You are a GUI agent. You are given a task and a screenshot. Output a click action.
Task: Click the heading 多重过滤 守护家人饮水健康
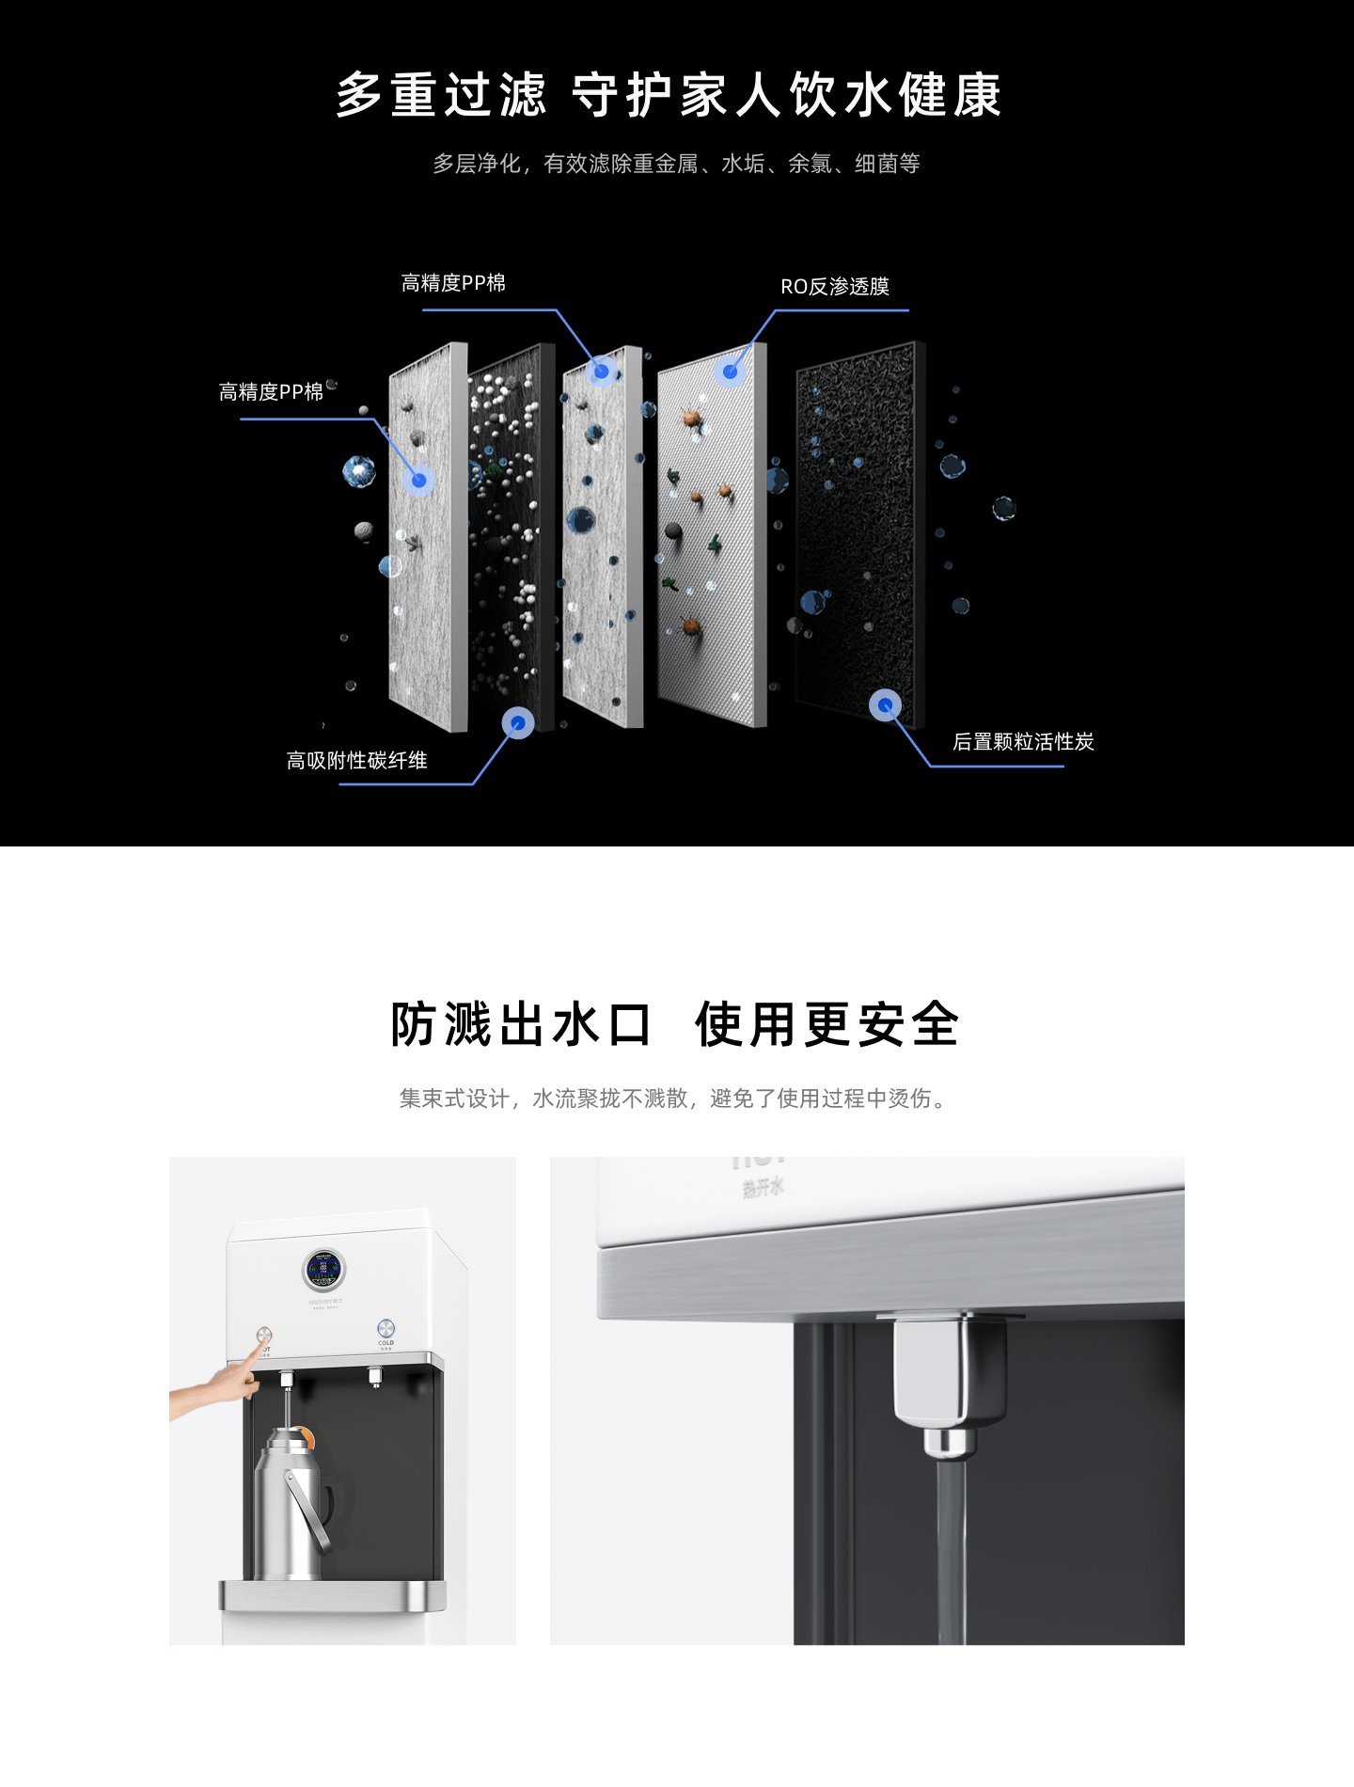tap(669, 95)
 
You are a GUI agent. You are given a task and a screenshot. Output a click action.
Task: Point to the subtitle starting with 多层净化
tap(676, 164)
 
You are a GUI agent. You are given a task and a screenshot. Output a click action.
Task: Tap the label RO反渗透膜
tap(834, 287)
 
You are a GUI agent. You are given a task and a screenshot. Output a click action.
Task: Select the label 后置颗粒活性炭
tap(1023, 742)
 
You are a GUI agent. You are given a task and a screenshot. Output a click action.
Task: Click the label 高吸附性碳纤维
tap(357, 761)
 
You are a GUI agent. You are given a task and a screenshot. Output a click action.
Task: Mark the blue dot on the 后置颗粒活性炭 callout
tap(885, 704)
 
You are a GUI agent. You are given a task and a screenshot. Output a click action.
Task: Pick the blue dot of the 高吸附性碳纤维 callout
tap(517, 722)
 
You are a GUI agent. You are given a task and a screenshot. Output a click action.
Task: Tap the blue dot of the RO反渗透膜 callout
tap(730, 372)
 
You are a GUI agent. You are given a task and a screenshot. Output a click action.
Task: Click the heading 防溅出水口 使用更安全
tap(675, 1024)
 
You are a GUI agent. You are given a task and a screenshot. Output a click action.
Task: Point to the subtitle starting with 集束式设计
tap(673, 1099)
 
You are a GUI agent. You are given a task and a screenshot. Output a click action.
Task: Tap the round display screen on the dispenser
tap(323, 1270)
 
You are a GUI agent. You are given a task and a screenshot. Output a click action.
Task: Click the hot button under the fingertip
tap(264, 1336)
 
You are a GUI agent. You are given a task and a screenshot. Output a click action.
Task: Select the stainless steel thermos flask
tap(291, 1505)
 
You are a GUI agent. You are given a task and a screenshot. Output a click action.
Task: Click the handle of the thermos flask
tap(310, 1514)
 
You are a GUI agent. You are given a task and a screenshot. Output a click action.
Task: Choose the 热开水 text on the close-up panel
tap(763, 1188)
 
